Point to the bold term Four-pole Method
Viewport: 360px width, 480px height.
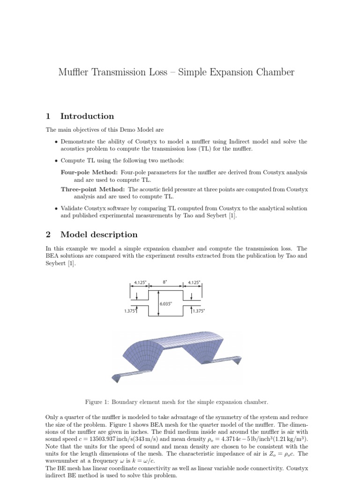tap(89, 172)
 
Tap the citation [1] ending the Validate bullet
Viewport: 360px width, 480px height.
tap(233, 216)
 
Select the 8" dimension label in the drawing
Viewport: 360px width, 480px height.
tap(165, 282)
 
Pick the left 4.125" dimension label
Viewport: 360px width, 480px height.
tap(140, 282)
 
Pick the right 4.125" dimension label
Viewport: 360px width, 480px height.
tap(194, 282)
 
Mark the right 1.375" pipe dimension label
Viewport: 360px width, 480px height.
tap(199, 311)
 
